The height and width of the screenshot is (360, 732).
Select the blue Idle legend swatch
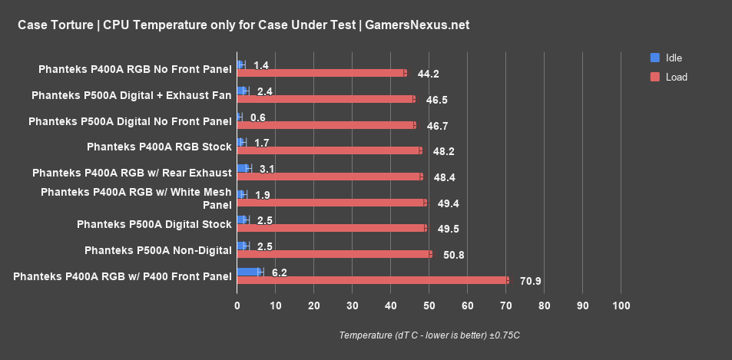pyautogui.click(x=654, y=58)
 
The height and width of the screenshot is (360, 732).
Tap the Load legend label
pyautogui.click(x=676, y=77)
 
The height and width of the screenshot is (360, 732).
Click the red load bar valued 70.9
pyautogui.click(x=373, y=280)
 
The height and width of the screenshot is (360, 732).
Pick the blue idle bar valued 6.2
pyautogui.click(x=249, y=272)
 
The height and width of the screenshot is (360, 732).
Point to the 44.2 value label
pyautogui.click(x=428, y=74)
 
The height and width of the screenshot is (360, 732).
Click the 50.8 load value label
pyautogui.click(x=453, y=255)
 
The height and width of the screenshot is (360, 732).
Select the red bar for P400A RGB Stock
pyautogui.click(x=329, y=150)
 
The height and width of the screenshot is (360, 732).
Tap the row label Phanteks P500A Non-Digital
pyautogui.click(x=157, y=250)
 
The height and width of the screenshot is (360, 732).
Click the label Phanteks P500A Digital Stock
pyautogui.click(x=154, y=224)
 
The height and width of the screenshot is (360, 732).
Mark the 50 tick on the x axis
pyautogui.click(x=429, y=306)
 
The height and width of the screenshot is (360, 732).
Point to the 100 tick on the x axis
pyautogui.click(x=621, y=306)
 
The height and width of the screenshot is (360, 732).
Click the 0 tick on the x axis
pyautogui.click(x=237, y=306)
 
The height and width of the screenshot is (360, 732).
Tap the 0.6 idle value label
pyautogui.click(x=258, y=117)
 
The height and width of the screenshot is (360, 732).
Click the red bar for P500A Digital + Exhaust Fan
pyautogui.click(x=326, y=99)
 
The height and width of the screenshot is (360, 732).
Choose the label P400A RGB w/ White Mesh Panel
pyautogui.click(x=136, y=198)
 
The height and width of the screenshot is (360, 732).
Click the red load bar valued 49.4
pyautogui.click(x=331, y=203)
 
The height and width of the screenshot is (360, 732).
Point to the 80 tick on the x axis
pyautogui.click(x=544, y=306)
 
